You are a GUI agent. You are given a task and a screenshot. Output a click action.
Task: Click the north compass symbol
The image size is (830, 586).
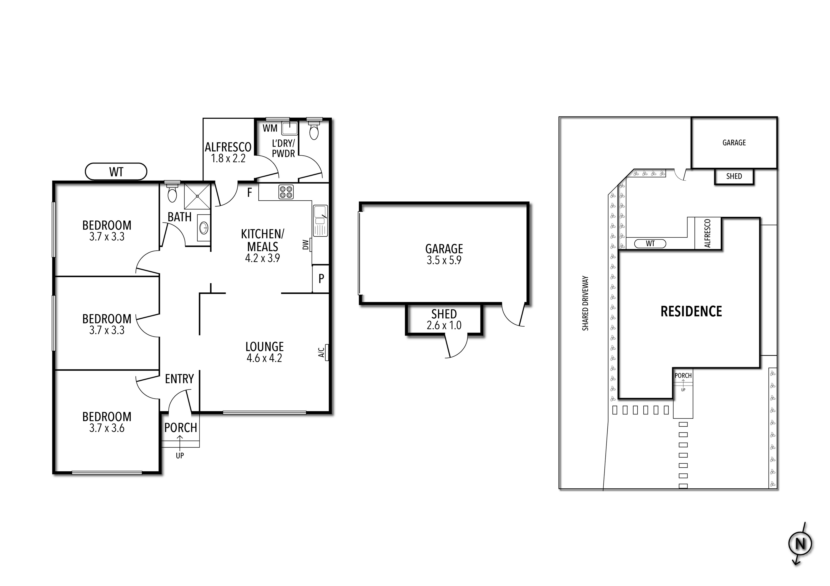tap(800, 553)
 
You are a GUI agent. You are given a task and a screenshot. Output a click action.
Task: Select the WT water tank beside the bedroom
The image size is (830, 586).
tap(116, 172)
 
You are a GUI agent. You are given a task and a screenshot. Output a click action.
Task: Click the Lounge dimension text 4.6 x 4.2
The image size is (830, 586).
tap(264, 358)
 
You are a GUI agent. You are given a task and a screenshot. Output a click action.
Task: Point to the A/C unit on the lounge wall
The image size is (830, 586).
tap(326, 352)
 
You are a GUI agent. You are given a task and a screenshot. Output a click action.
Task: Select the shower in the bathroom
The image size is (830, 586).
tap(197, 196)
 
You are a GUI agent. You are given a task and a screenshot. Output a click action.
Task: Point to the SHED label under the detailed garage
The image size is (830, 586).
tap(444, 314)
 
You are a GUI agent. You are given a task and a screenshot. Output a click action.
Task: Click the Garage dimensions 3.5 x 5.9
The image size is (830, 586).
tap(444, 260)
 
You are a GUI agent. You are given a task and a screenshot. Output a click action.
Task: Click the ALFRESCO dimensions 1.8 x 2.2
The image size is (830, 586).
tap(228, 158)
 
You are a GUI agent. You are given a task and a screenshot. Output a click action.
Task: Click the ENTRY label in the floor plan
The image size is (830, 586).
tap(179, 379)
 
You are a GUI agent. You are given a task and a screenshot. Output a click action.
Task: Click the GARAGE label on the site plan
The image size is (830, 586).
tap(734, 143)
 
